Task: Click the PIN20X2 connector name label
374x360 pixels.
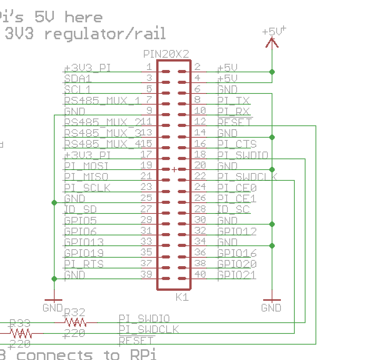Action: pos(166,54)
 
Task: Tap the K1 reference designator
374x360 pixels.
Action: pos(182,297)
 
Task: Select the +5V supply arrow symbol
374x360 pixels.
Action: pos(272,42)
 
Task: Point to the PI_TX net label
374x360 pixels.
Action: pos(234,100)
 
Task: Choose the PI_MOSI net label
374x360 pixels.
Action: pos(86,166)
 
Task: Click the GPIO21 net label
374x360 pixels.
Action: pos(237,275)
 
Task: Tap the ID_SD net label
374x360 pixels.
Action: pos(80,209)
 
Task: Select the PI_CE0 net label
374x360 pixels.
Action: pos(237,188)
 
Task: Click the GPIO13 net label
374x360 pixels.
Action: pos(84,242)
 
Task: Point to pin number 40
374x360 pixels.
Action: pos(200,275)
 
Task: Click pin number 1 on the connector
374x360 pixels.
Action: pos(149,67)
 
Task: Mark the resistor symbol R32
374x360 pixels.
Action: pos(75,322)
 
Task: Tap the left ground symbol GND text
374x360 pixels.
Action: pos(53,308)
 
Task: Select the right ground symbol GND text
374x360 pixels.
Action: pos(271,308)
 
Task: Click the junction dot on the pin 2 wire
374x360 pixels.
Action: pos(272,72)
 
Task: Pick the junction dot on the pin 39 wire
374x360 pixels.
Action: pos(54,278)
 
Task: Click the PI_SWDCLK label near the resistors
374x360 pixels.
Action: pos(149,330)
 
